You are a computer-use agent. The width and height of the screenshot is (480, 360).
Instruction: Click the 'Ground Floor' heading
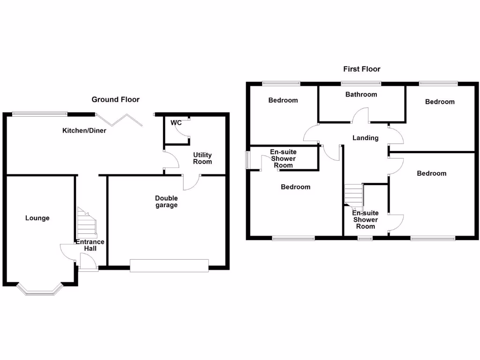[115, 99]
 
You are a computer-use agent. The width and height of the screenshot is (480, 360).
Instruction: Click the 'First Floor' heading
[361, 69]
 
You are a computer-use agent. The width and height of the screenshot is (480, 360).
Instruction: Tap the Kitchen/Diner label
[84, 130]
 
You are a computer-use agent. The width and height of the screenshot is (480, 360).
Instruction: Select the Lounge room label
[37, 218]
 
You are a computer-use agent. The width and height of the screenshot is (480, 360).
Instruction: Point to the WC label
[176, 123]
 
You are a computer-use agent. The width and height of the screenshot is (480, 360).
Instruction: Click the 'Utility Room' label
[202, 158]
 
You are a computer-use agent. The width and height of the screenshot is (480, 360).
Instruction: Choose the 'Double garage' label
[166, 202]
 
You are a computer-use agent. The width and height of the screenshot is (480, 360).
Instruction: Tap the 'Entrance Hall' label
[90, 245]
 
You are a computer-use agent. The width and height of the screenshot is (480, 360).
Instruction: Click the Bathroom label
[361, 94]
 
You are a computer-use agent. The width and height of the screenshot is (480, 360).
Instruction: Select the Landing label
[365, 138]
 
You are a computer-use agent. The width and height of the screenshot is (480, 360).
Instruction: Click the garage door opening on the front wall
[169, 265]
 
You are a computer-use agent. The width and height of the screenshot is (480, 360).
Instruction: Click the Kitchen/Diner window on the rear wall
[39, 113]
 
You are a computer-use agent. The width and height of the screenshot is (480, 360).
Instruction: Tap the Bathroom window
[361, 84]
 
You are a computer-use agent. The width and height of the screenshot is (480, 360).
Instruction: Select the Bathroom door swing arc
[361, 115]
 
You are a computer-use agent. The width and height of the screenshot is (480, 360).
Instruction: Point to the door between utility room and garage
[192, 182]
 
